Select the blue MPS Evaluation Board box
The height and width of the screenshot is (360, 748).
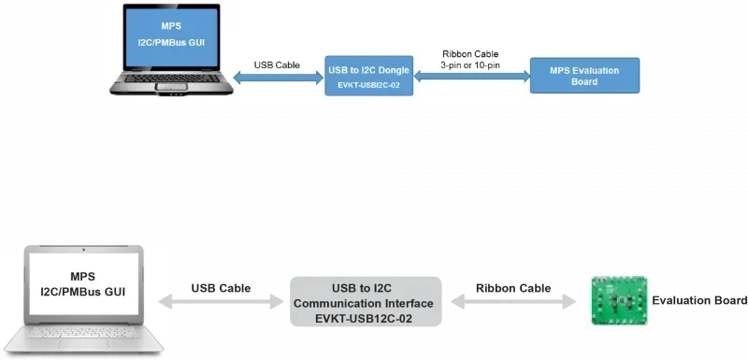pos(584,75)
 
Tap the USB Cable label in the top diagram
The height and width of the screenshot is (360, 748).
pos(276,65)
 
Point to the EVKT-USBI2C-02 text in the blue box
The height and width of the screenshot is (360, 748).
pos(367,85)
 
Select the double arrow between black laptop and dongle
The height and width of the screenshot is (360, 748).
pos(277,80)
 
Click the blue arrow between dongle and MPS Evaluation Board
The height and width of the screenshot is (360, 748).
pos(471,79)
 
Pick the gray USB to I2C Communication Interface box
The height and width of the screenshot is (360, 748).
pos(364,302)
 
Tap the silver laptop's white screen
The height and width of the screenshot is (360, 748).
pos(83,285)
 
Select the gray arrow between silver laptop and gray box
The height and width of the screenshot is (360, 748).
pos(223,302)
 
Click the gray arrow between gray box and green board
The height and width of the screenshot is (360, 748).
pos(511,302)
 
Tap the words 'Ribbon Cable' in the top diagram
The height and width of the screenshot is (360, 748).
pos(472,52)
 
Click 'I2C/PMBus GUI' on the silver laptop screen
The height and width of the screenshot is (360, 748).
pos(83,293)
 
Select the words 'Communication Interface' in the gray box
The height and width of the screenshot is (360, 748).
pos(364,302)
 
